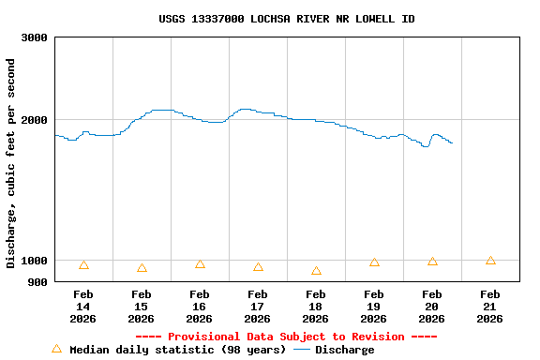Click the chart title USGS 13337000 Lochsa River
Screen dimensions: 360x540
coord(286,19)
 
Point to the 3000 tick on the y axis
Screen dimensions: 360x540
coord(35,37)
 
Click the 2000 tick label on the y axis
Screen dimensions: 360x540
coord(35,120)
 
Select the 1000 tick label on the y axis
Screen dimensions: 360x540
coord(35,261)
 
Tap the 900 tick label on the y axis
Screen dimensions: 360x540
coord(38,281)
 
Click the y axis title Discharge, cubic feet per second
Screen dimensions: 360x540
coord(11,163)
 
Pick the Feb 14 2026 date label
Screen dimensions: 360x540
coord(83,307)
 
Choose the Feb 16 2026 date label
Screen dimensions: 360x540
coord(200,307)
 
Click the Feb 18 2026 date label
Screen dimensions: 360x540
coord(316,307)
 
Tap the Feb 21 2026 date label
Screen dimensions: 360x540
coord(490,307)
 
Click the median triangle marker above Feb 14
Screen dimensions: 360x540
coord(83,265)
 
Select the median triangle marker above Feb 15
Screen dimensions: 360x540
coord(142,268)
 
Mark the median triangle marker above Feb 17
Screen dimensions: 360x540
coord(258,267)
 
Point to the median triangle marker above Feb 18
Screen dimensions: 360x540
coord(316,271)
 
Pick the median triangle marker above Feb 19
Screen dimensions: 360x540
coord(374,262)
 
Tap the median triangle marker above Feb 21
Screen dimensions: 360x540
coord(490,261)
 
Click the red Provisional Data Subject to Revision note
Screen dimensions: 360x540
coord(286,337)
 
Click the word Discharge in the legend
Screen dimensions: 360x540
coord(344,350)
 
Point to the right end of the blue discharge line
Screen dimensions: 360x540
coord(452,143)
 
